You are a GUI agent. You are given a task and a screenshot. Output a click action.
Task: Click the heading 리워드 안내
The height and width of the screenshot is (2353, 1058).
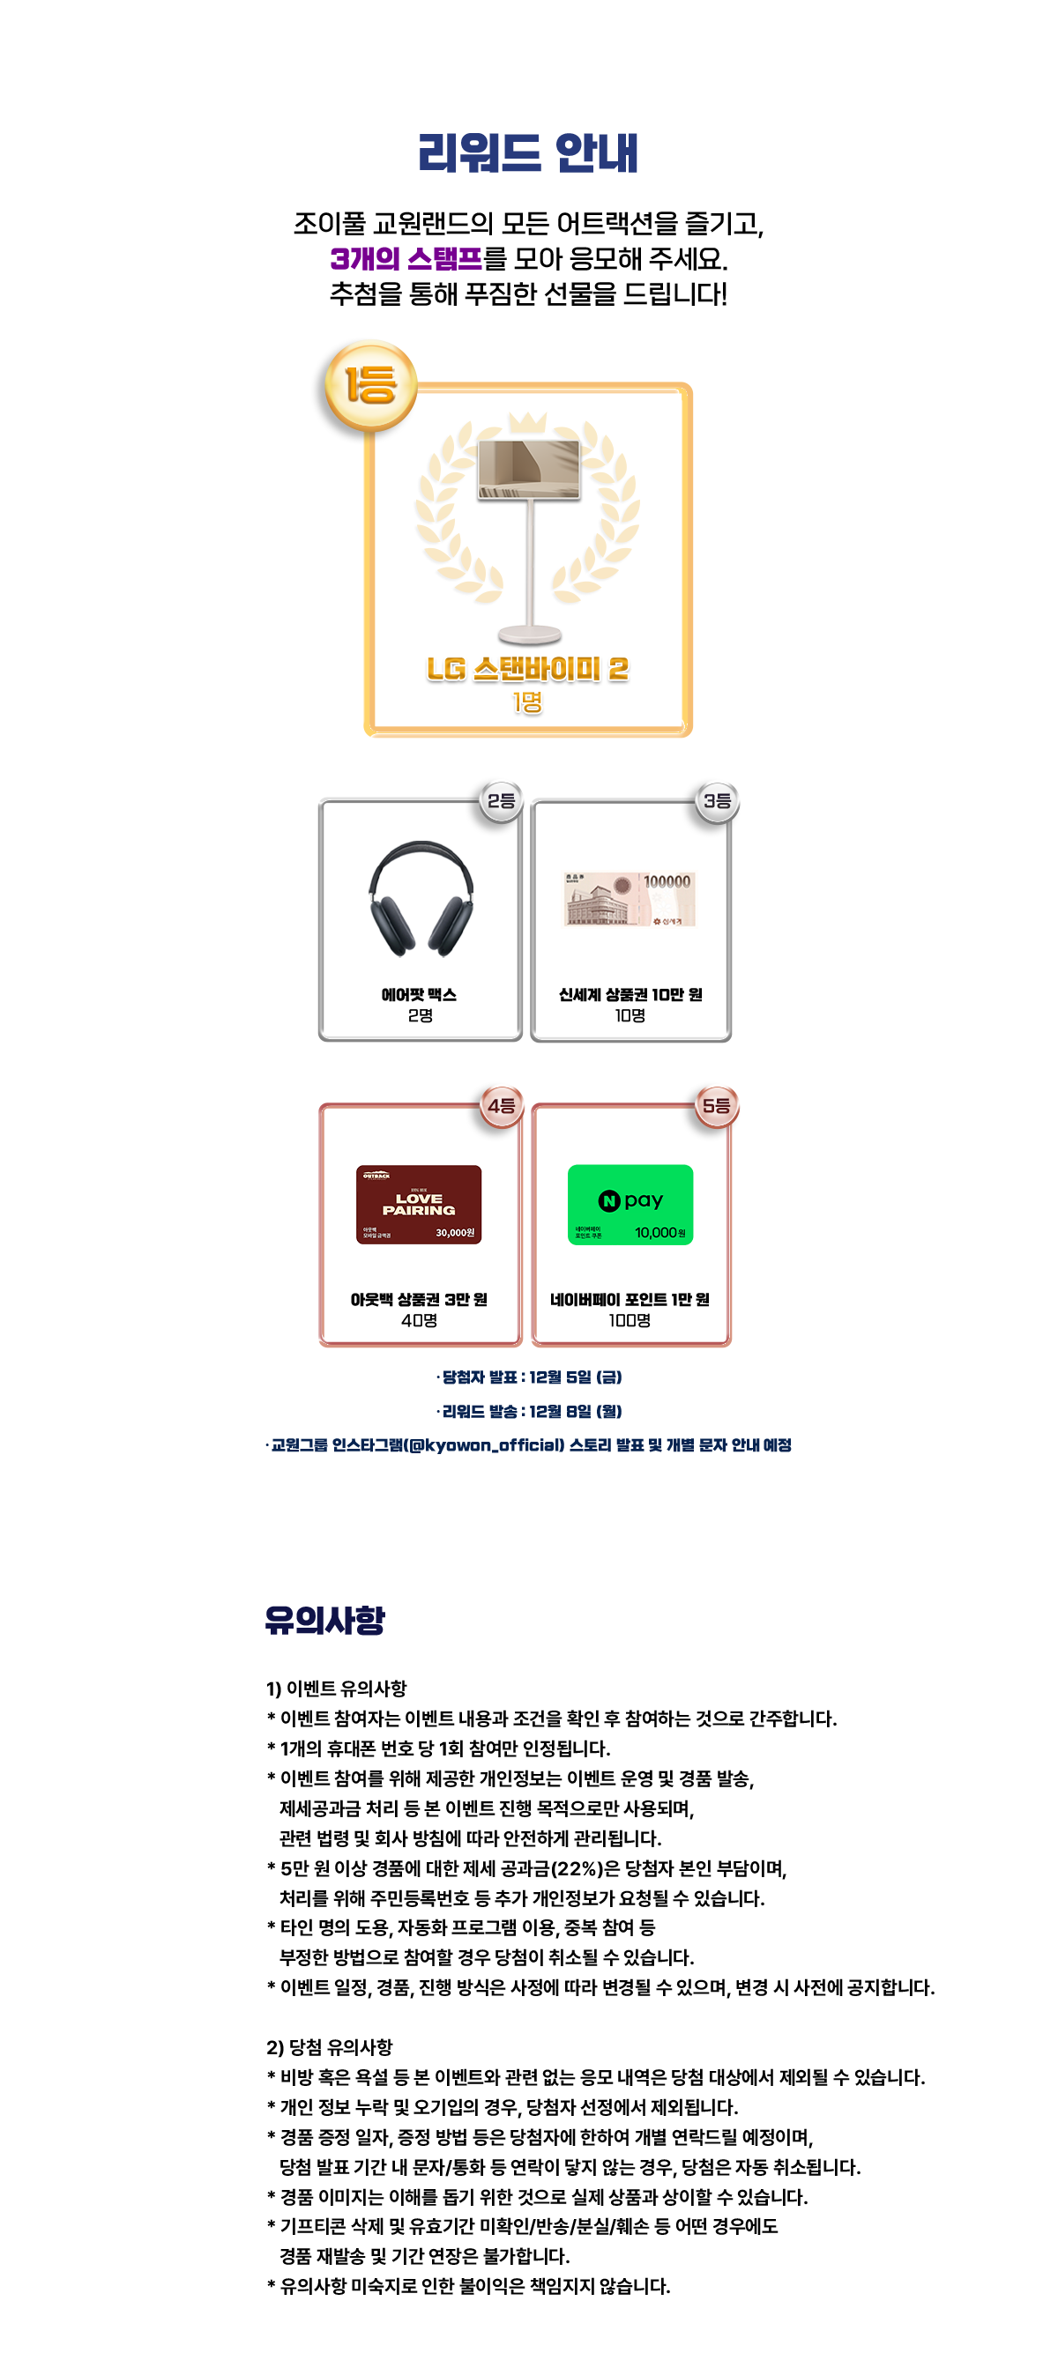click(x=528, y=152)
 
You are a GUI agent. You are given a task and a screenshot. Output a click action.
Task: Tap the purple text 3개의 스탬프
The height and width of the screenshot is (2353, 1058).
click(x=406, y=258)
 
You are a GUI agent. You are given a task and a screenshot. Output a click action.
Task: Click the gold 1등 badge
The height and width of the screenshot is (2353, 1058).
click(x=370, y=383)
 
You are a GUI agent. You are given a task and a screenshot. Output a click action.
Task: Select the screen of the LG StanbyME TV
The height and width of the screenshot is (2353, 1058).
click(x=529, y=468)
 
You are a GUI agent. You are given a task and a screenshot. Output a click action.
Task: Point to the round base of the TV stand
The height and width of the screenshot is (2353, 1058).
click(x=529, y=633)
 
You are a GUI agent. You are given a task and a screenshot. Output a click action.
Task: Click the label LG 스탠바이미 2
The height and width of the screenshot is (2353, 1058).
click(x=527, y=669)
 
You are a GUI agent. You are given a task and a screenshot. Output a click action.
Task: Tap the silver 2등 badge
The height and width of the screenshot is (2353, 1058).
click(x=501, y=800)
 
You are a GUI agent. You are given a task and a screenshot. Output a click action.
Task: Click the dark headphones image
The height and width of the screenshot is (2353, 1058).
click(x=421, y=898)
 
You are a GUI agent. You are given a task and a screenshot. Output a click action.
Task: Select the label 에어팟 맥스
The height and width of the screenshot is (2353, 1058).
click(x=419, y=994)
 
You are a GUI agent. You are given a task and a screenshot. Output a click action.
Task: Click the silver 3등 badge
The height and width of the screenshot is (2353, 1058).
click(x=716, y=800)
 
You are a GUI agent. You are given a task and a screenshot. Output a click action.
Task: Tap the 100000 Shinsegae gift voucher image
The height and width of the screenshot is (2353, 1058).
click(x=630, y=899)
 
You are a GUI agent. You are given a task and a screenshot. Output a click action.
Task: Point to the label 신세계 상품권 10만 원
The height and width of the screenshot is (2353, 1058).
click(x=630, y=994)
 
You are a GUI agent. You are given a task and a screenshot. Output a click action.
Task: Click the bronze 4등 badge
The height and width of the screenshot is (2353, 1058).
click(x=501, y=1105)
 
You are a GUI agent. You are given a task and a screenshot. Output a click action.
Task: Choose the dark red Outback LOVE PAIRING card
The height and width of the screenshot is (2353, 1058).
click(x=419, y=1204)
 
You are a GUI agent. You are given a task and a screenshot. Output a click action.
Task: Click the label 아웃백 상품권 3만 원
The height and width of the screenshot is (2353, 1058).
click(x=419, y=1299)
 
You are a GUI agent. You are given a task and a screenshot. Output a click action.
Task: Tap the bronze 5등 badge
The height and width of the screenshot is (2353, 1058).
click(x=716, y=1105)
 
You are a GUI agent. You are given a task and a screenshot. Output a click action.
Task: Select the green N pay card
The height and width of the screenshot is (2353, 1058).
click(x=630, y=1204)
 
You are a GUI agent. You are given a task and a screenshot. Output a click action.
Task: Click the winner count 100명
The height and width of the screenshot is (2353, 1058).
click(x=630, y=1320)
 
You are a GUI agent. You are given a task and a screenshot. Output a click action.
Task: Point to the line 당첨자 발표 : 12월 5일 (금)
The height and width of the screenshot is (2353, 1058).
click(x=530, y=1377)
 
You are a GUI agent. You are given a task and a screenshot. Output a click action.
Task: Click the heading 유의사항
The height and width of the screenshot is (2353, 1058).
click(x=324, y=1620)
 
